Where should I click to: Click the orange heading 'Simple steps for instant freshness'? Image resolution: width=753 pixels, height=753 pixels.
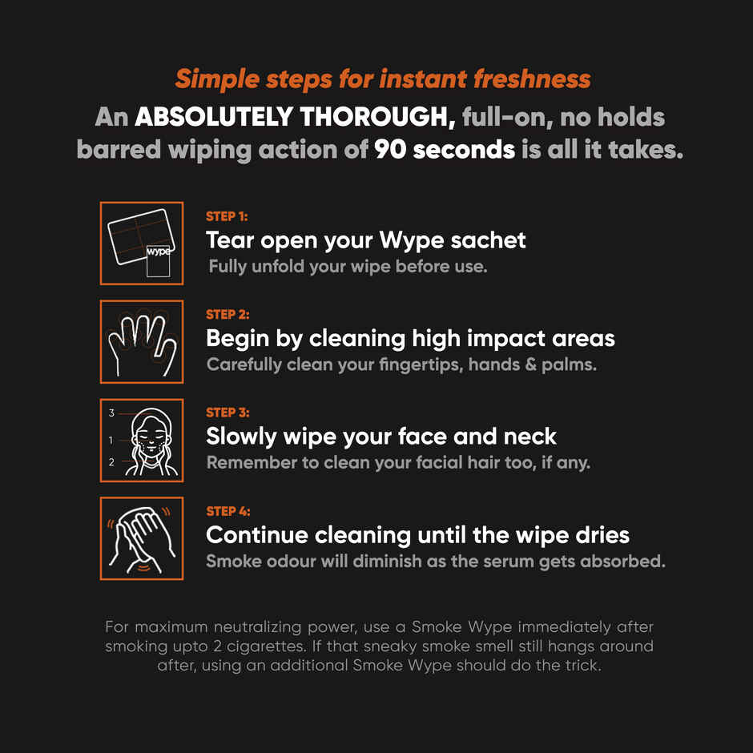click(382, 79)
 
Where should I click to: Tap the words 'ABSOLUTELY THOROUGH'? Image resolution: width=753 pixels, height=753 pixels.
click(295, 117)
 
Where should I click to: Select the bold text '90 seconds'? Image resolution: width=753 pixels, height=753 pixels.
click(444, 150)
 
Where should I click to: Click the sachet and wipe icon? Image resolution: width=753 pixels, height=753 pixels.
click(142, 243)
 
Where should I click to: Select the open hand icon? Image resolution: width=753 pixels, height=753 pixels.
click(142, 341)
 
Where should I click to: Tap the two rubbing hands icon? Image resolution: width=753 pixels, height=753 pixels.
click(142, 538)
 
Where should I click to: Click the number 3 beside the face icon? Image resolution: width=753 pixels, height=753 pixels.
click(111, 413)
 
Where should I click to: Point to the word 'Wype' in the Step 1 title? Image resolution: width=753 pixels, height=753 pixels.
click(424, 240)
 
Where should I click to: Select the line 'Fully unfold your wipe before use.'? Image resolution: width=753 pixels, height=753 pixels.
click(348, 266)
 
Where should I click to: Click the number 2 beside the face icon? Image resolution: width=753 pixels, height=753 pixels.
click(111, 462)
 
